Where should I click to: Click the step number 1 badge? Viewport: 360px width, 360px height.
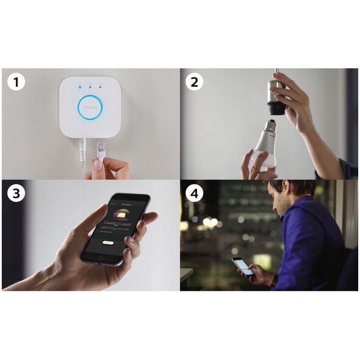[16, 82]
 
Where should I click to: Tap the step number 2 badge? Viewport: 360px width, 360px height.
[194, 82]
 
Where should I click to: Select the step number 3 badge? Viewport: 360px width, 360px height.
[16, 193]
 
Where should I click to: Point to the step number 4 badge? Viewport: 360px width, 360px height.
[194, 193]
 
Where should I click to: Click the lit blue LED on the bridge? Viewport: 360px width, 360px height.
[79, 87]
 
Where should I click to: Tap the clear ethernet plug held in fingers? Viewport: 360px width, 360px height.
[101, 151]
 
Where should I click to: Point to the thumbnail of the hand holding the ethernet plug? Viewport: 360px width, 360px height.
[110, 167]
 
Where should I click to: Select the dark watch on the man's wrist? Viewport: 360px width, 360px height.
[273, 280]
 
